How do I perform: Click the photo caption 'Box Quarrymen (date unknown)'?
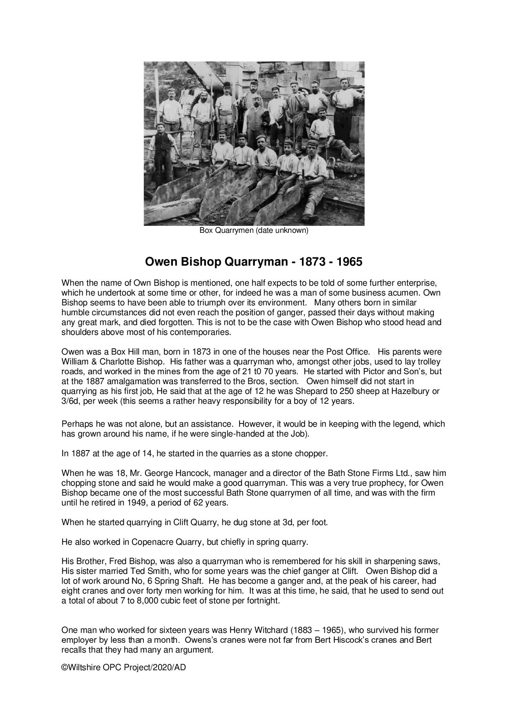tap(254, 230)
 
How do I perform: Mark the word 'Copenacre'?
tap(150, 542)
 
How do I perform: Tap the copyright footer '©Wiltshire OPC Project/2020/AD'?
tap(123, 667)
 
